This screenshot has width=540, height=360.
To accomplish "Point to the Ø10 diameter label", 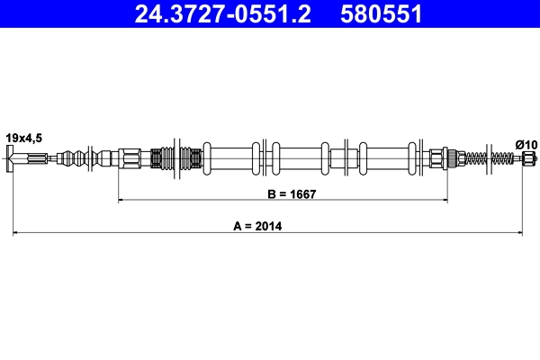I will (x=526, y=143).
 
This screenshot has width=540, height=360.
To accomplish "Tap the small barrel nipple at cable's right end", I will (x=527, y=159).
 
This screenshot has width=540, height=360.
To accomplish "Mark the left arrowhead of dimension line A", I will (x=15, y=234).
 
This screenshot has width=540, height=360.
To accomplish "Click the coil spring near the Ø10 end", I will (x=499, y=159).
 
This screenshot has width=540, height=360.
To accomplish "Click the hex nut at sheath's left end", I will (x=130, y=159).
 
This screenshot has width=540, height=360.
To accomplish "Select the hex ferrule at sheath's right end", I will (x=439, y=159).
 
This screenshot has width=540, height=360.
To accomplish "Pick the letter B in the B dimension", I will (x=269, y=193).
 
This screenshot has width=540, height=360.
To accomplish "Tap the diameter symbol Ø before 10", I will (x=519, y=143).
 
